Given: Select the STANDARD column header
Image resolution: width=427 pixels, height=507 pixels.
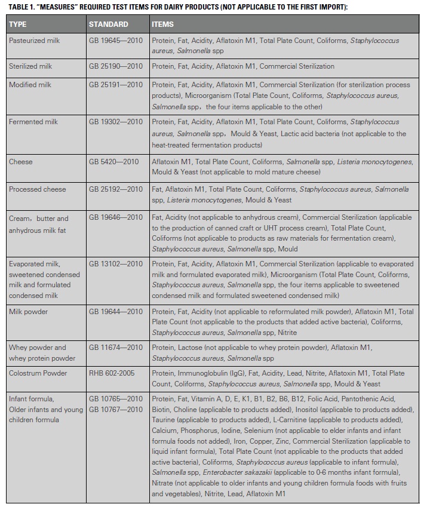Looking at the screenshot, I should pyautogui.click(x=108, y=24).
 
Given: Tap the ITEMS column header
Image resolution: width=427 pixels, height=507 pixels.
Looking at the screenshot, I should pyautogui.click(x=163, y=24).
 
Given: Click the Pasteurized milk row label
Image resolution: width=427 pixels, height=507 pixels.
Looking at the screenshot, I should pyautogui.click(x=38, y=40).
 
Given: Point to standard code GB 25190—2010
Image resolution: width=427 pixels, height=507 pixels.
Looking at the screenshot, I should pyautogui.click(x=116, y=66).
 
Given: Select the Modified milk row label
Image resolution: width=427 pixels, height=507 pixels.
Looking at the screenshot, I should pyautogui.click(x=30, y=85).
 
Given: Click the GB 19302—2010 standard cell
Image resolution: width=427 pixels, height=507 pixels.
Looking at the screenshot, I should pyautogui.click(x=116, y=122).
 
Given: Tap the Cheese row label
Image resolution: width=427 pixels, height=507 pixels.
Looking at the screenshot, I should pyautogui.click(x=21, y=161).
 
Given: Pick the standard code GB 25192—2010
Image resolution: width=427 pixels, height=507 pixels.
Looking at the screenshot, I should pyautogui.click(x=116, y=189).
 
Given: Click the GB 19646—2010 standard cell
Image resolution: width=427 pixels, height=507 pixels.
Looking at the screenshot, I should pyautogui.click(x=116, y=217).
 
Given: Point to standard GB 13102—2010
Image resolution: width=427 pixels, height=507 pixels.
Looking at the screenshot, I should pyautogui.click(x=116, y=264).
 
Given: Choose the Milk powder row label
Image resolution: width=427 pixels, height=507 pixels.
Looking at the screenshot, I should pyautogui.click(x=28, y=311).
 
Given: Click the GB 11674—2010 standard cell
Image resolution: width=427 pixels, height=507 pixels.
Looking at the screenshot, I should pyautogui.click(x=116, y=348).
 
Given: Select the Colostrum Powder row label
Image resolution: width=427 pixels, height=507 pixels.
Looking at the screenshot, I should pyautogui.click(x=38, y=373).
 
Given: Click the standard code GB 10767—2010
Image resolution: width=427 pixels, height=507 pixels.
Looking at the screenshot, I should pyautogui.click(x=116, y=409).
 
